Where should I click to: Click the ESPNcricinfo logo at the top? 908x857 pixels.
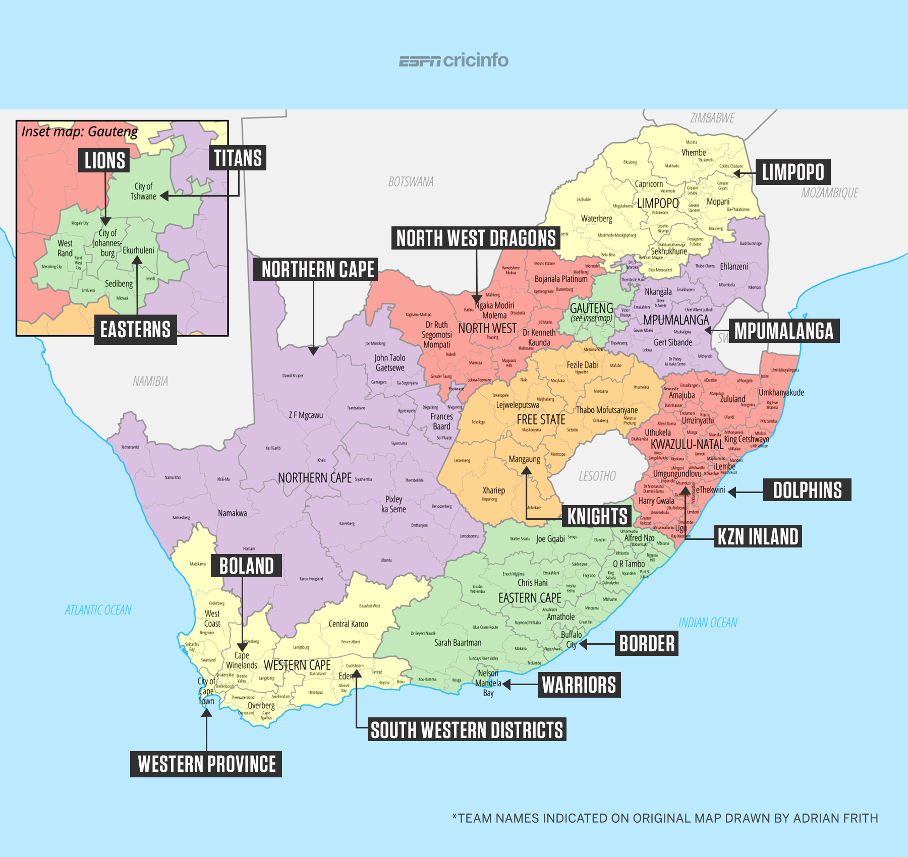[453, 60]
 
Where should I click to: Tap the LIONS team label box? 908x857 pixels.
[104, 160]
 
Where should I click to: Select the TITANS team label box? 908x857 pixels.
[238, 158]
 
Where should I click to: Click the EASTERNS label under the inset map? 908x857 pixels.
[135, 330]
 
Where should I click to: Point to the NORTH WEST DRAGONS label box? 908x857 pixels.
[476, 238]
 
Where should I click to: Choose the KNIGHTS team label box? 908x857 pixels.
[597, 517]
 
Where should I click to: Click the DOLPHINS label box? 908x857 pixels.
[807, 490]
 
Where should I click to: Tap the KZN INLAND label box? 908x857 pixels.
[758, 536]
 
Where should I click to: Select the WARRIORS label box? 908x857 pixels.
[579, 685]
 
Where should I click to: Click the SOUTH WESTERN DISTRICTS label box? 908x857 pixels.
[467, 730]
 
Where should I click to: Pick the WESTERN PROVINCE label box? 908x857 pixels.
[206, 764]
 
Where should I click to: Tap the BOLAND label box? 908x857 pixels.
[246, 566]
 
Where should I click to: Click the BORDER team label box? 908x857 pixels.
[647, 644]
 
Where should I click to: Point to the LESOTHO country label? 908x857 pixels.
[597, 476]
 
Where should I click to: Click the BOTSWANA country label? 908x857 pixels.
[411, 182]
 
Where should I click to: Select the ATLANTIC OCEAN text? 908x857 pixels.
[98, 610]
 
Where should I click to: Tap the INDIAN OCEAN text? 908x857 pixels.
[708, 623]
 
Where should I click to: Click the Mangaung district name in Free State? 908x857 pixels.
[524, 459]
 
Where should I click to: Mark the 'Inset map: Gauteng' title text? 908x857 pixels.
[80, 132]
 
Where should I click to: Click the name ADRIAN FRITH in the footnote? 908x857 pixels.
[835, 818]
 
